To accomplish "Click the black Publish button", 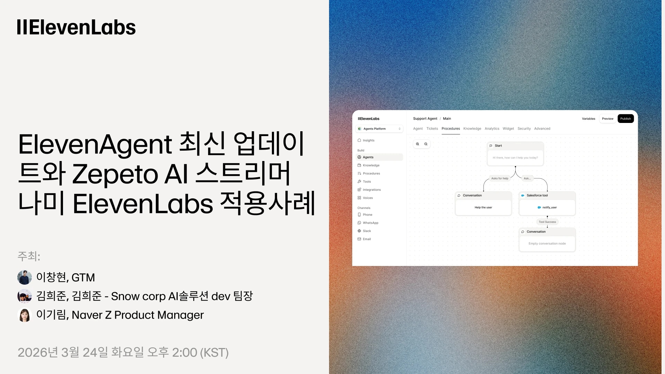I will tap(626, 119).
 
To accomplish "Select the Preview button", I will tap(608, 119).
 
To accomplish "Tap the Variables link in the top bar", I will tap(588, 119).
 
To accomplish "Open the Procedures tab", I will tap(451, 128).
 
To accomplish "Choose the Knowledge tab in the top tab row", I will tap(472, 128).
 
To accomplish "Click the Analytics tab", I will tap(492, 128).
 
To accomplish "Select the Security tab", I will tap(524, 128).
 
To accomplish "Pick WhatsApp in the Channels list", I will tap(370, 223).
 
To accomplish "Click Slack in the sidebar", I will tap(367, 231).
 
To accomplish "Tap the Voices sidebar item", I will tap(367, 198).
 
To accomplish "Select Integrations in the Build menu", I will tap(372, 190).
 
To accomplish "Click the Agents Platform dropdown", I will tap(380, 129).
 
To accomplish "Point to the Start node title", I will tap(498, 146).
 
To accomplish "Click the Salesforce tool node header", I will tap(537, 196).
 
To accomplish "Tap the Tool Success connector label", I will tap(547, 222).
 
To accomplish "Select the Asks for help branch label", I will tap(499, 179).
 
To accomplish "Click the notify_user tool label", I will tap(549, 207).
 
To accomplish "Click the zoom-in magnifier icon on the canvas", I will tap(418, 144).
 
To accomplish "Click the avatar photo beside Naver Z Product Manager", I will tap(25, 315).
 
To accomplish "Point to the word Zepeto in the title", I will tap(115, 174).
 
